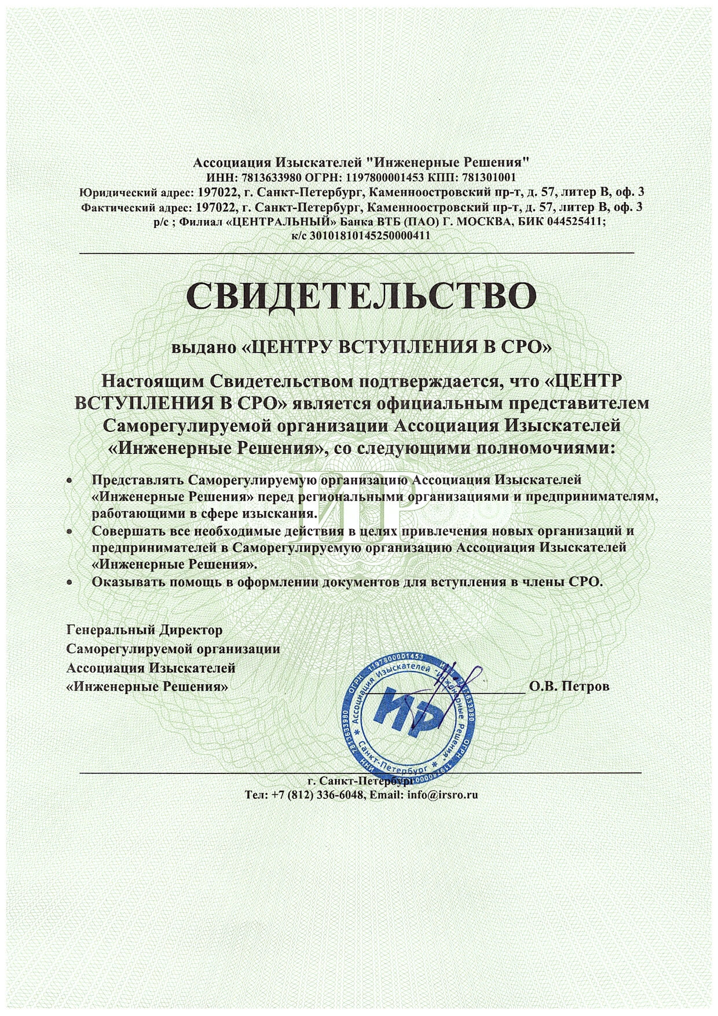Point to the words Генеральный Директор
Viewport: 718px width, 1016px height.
145,629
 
